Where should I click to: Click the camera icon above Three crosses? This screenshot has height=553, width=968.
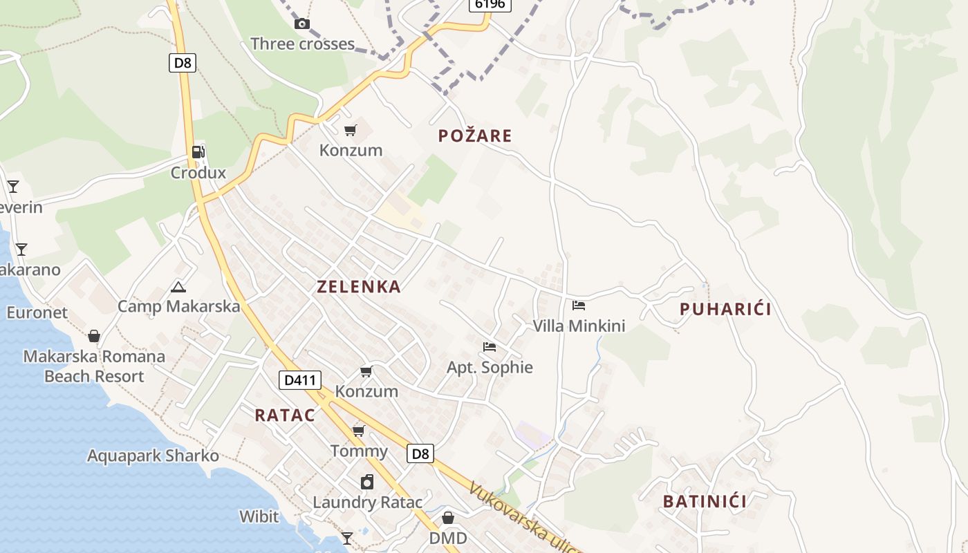tap(302, 24)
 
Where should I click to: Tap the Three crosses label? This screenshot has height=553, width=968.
tap(302, 44)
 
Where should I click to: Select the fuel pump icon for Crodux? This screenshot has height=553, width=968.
tap(198, 152)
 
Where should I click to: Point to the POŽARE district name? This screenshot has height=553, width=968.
tap(475, 135)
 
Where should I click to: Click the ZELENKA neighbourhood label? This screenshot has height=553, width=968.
tap(359, 287)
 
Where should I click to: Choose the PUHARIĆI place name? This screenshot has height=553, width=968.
tap(725, 309)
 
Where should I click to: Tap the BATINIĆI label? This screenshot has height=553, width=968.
tap(705, 501)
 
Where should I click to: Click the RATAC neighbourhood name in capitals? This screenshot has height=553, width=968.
tap(285, 415)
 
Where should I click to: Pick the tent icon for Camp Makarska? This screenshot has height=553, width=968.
tap(178, 287)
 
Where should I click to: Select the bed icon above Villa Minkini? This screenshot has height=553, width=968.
tap(579, 306)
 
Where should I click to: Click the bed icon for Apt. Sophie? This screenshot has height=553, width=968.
tap(490, 347)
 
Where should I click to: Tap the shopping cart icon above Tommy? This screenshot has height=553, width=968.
tap(358, 431)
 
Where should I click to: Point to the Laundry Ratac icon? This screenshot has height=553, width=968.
tap(367, 482)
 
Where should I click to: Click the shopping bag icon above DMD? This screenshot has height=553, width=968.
tap(448, 518)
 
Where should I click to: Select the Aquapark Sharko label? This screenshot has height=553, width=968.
tap(153, 456)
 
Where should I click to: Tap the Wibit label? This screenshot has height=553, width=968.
tap(259, 516)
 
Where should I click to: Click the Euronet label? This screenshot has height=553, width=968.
tap(37, 312)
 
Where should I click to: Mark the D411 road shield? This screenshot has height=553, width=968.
tap(301, 379)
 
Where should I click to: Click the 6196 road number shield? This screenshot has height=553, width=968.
tap(490, 4)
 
